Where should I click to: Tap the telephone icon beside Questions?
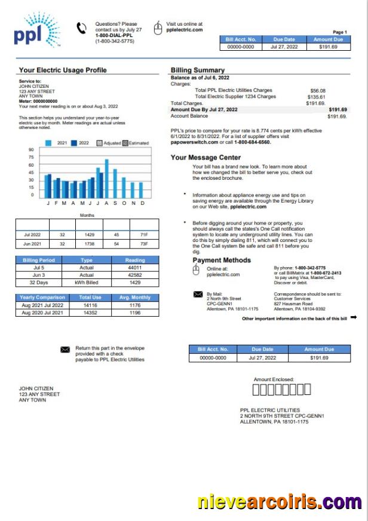click(81, 28)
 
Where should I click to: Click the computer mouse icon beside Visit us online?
click(158, 27)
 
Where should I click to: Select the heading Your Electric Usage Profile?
click(63, 70)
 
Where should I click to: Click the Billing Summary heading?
click(198, 70)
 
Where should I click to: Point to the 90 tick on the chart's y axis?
click(30, 150)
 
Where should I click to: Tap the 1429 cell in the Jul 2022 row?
click(89, 235)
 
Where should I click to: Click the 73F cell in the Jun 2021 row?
click(143, 244)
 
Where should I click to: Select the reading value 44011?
click(134, 268)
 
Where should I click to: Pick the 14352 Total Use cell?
click(90, 312)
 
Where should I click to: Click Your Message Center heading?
click(206, 158)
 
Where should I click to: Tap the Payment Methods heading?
click(222, 260)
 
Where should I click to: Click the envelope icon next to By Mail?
click(198, 294)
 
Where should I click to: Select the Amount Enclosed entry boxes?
click(281, 390)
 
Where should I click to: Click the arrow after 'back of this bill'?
click(354, 318)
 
